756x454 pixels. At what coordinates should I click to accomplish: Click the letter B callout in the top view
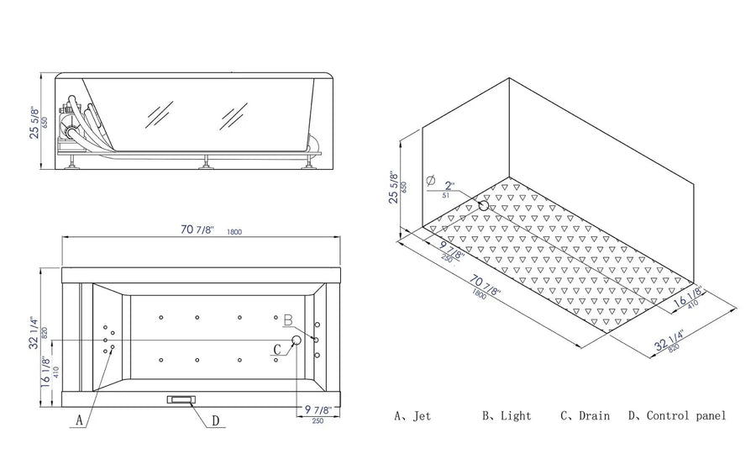(287, 320)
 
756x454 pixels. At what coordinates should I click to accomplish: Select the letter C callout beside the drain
(277, 348)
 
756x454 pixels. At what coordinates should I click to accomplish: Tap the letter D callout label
(216, 420)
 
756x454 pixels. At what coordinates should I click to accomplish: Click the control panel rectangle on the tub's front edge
(181, 399)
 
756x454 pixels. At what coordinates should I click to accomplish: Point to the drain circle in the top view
(296, 340)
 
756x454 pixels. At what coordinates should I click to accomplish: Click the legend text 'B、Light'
(507, 415)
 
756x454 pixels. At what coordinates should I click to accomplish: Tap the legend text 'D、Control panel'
(677, 415)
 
